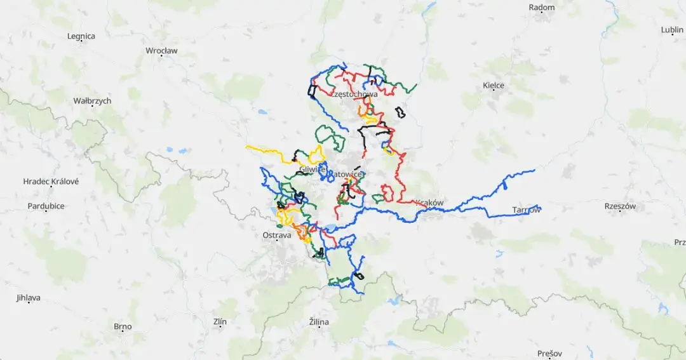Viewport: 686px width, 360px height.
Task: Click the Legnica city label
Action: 81,36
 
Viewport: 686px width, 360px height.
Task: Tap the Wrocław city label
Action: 161,50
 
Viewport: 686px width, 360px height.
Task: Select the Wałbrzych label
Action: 92,101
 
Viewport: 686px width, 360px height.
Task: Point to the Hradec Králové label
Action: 51,182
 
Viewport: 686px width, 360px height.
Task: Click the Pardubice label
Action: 46,206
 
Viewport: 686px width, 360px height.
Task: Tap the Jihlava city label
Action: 29,298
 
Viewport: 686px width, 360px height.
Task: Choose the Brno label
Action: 123,327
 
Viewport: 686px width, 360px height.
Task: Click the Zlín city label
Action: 220,322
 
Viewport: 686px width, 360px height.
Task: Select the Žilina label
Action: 319,322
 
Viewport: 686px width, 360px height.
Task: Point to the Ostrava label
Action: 276,235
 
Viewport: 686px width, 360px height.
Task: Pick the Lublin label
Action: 671,30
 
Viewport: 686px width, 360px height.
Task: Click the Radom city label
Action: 541,8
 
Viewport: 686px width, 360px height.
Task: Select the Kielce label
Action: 494,85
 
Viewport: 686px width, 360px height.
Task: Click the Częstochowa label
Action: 354,94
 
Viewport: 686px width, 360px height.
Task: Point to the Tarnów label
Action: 526,210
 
